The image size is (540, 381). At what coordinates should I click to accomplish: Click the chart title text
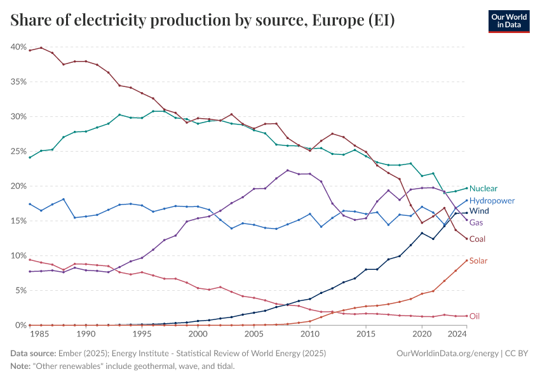point(203,20)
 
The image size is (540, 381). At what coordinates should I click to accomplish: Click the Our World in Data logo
point(508,21)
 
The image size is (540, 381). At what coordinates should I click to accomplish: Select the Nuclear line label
point(483,189)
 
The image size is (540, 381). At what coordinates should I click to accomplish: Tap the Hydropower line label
point(492,200)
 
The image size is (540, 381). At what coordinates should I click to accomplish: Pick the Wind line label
point(479,210)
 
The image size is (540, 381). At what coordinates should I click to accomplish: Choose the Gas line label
point(476,223)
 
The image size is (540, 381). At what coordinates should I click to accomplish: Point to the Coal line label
point(478,239)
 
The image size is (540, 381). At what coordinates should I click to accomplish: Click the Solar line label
point(478,261)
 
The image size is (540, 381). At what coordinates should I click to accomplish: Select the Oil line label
point(475,316)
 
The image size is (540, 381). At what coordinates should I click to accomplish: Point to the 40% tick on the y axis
point(18,47)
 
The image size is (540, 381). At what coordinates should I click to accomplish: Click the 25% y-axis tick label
point(18,151)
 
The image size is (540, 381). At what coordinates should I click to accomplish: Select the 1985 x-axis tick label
point(41,333)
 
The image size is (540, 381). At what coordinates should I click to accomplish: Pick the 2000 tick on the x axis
point(198,333)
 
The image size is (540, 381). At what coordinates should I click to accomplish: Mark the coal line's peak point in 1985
point(41,48)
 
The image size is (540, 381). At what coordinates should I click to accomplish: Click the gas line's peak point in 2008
point(288,170)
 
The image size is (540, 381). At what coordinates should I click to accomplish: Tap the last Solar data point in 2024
point(467,260)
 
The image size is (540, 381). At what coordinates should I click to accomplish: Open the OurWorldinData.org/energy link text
point(447,352)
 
